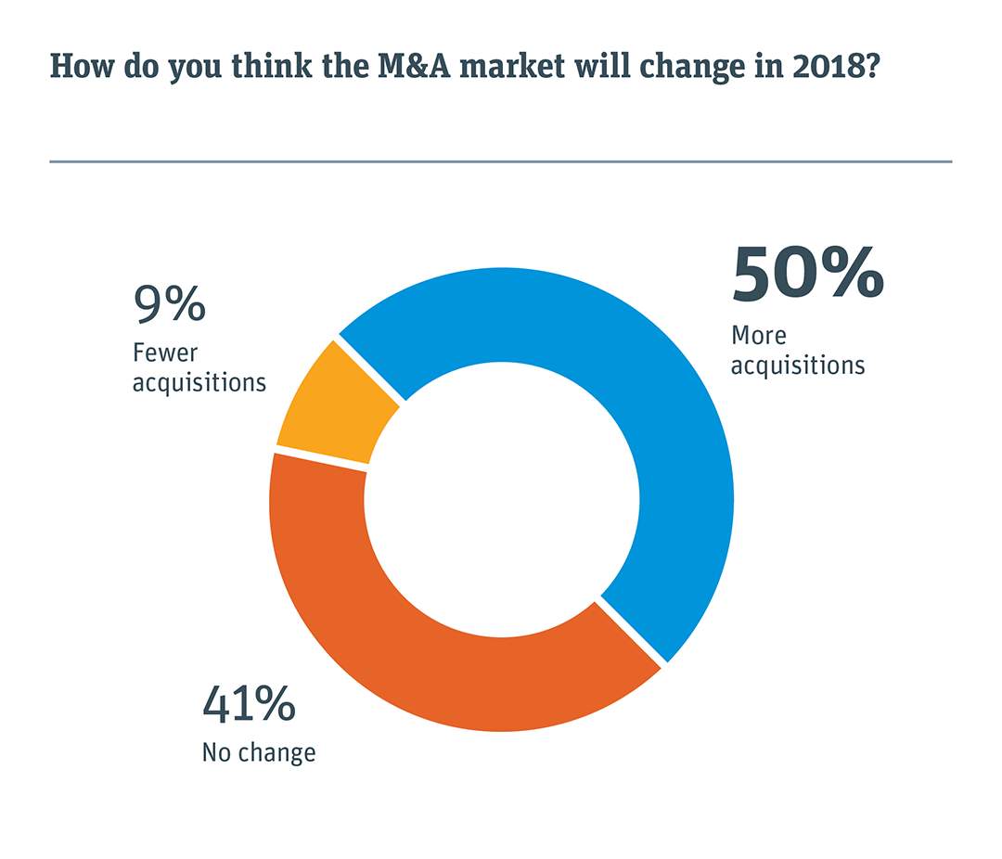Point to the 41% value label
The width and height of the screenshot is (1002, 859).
(x=249, y=705)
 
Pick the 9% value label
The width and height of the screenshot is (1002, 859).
(x=169, y=303)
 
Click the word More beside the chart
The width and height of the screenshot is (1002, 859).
(x=758, y=335)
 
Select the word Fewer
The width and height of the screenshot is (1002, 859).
(x=165, y=353)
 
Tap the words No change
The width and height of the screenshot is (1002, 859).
(x=259, y=751)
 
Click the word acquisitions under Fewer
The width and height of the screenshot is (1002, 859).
(x=199, y=382)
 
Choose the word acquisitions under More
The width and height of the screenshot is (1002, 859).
(x=798, y=365)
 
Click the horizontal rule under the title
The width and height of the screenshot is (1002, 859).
(x=501, y=161)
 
